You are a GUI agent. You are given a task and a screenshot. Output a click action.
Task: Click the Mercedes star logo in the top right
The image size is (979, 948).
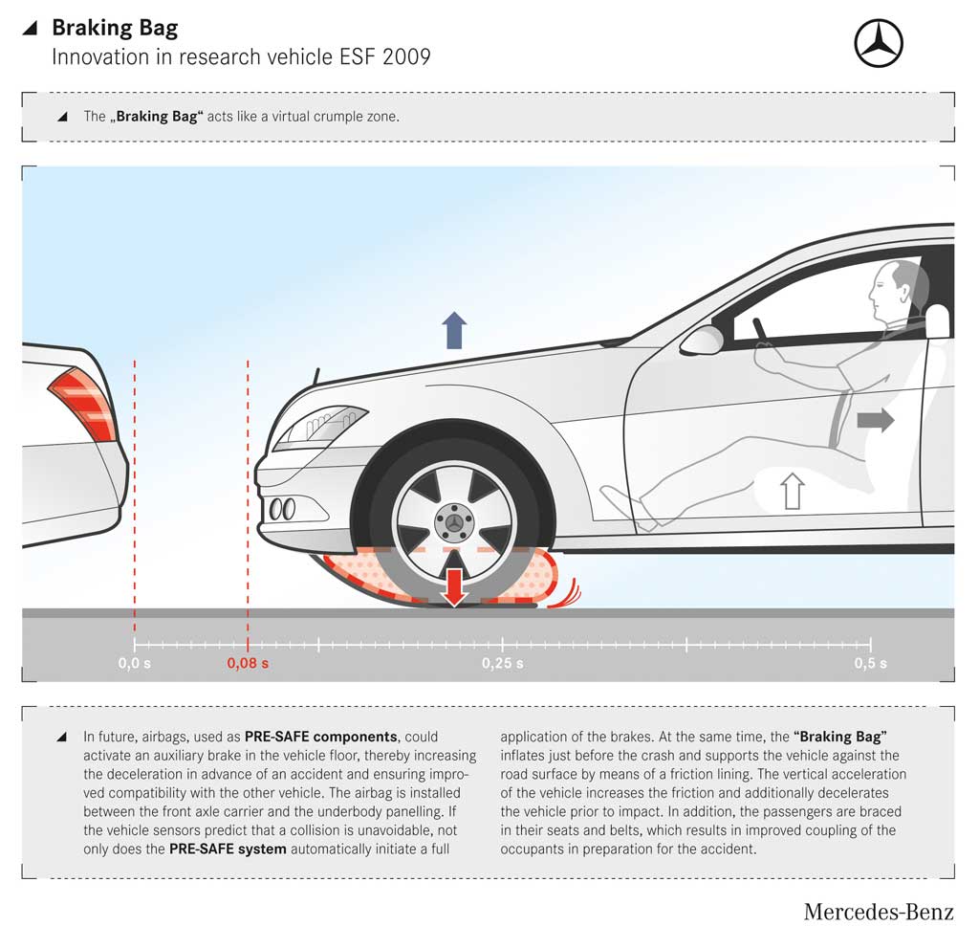[x=879, y=43]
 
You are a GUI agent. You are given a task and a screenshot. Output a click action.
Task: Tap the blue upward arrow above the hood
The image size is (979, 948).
[x=454, y=330]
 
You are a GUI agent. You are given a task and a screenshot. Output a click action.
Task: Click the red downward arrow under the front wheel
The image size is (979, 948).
[x=454, y=586]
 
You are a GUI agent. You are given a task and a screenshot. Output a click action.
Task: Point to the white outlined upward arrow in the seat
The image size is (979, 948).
[x=793, y=491]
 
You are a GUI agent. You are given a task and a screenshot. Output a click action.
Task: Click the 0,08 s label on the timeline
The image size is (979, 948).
[x=248, y=663]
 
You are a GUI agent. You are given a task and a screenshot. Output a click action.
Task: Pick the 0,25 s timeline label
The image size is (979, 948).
[x=503, y=663]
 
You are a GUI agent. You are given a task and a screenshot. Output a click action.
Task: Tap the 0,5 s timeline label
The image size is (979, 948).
[x=870, y=663]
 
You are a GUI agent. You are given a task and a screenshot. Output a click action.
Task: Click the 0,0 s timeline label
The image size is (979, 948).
[x=134, y=663]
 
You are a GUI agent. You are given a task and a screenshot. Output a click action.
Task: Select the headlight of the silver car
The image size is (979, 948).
[x=319, y=426]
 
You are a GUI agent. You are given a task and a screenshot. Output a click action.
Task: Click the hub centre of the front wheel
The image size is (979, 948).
[x=454, y=522]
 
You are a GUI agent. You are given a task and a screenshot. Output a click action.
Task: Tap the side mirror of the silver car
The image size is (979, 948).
[x=702, y=341]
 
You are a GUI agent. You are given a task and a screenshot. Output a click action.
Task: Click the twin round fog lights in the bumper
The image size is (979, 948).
[x=282, y=509]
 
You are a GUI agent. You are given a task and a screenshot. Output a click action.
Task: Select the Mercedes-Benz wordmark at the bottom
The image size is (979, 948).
[x=879, y=912]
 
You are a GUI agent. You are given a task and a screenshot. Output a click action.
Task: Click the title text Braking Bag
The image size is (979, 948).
[x=115, y=28]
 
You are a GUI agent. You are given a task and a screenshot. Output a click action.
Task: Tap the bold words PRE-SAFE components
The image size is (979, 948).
[x=321, y=737]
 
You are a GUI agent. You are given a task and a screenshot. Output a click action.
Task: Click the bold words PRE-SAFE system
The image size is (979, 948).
[x=228, y=849]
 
